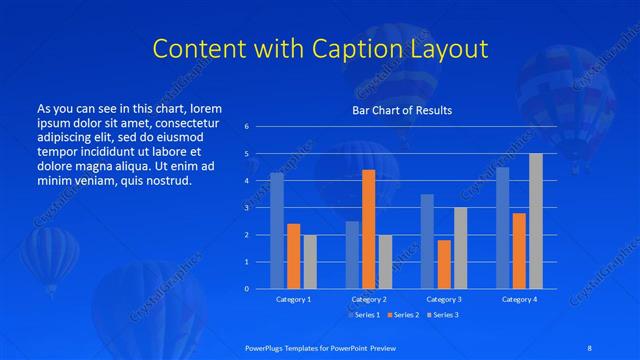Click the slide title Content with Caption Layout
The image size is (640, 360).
[320, 49]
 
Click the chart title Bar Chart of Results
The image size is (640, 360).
[401, 110]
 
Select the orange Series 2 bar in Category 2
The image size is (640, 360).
[368, 229]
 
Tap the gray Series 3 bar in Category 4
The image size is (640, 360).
[536, 221]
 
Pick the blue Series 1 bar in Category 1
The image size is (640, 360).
[277, 230]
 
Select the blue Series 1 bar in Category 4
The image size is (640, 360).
[502, 227]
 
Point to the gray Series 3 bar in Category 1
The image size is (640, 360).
[310, 261]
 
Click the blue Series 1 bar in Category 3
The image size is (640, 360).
[427, 241]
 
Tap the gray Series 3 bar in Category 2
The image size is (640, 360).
[385, 261]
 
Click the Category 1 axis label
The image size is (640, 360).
[293, 299]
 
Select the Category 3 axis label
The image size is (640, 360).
[443, 299]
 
